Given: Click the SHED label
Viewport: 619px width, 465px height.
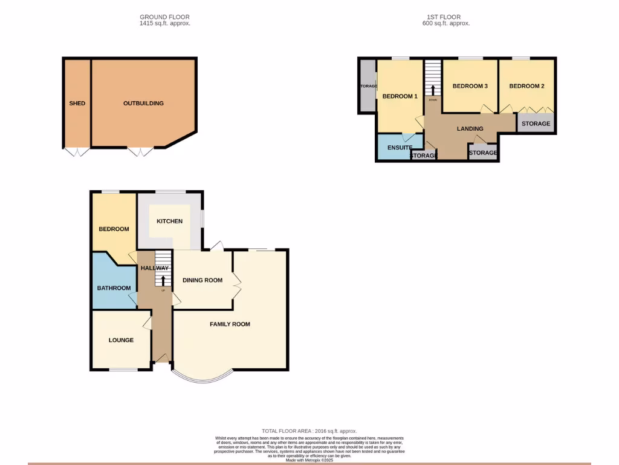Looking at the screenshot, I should coord(77,104).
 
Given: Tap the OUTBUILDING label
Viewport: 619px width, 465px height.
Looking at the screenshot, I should coord(143,104).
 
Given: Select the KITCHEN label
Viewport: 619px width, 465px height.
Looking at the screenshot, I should coord(169,222).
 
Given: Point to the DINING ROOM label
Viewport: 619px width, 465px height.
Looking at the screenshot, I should coord(203,280).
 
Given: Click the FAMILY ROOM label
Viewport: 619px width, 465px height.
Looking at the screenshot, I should coord(230,325).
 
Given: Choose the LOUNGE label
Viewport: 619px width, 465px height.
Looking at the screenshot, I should coord(121,340).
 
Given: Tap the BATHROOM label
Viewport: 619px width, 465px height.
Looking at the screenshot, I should coord(114,288).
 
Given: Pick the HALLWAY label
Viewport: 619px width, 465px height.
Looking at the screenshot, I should coord(155,268).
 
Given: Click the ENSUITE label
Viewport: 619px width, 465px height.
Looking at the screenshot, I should coord(400,148).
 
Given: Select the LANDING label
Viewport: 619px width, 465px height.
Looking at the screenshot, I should coord(470,129).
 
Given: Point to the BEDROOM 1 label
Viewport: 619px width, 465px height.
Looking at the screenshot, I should coord(400,97).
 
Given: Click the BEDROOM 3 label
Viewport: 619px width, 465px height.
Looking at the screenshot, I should coord(470,87).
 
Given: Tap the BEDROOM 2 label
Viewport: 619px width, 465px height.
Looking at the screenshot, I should coord(527,87).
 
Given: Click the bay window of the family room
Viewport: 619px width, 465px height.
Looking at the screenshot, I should coord(202,379).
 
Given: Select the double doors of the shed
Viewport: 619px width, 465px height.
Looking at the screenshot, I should coord(77,151).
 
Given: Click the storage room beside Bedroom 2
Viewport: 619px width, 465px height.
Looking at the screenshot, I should coord(536,124).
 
